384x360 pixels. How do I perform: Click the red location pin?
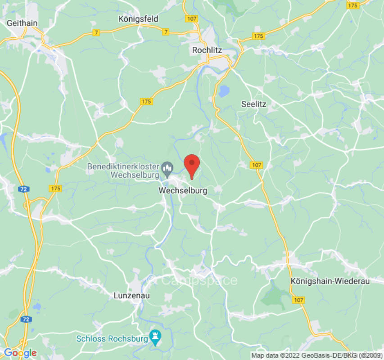(192, 164)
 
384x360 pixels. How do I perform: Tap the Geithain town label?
(22, 22)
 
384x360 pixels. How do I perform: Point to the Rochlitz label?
(207, 50)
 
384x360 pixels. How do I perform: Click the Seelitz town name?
(254, 104)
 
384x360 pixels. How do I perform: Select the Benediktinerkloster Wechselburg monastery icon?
(167, 170)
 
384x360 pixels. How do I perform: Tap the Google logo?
(20, 353)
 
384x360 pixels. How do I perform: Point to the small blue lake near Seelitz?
(223, 91)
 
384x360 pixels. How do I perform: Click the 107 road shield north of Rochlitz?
(191, 18)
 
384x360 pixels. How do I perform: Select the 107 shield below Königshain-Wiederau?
(298, 300)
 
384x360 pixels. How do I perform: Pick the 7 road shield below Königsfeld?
(166, 31)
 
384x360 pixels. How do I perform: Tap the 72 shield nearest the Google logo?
(26, 319)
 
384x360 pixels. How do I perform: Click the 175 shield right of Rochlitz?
(258, 36)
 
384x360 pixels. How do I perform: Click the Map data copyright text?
(316, 355)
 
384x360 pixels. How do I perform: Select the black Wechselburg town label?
(183, 191)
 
